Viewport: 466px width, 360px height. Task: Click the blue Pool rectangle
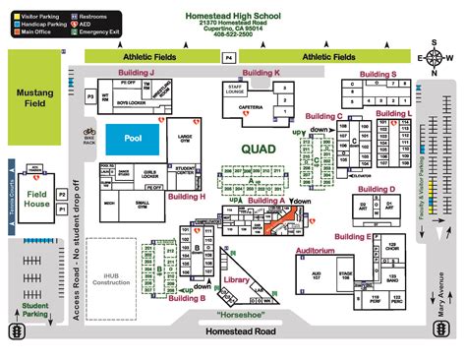click(x=133, y=139)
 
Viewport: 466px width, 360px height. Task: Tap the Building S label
click(x=379, y=73)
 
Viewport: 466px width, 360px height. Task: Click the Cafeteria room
click(x=250, y=107)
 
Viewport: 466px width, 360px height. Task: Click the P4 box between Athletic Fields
click(x=228, y=59)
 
